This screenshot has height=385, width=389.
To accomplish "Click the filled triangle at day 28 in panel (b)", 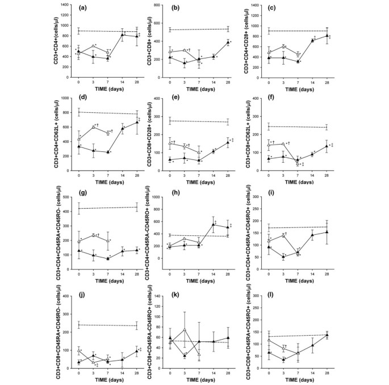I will tap(228, 43).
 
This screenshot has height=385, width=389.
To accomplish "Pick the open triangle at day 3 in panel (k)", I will tap(185, 329).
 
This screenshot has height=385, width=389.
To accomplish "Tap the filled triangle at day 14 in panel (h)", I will tap(214, 225).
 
